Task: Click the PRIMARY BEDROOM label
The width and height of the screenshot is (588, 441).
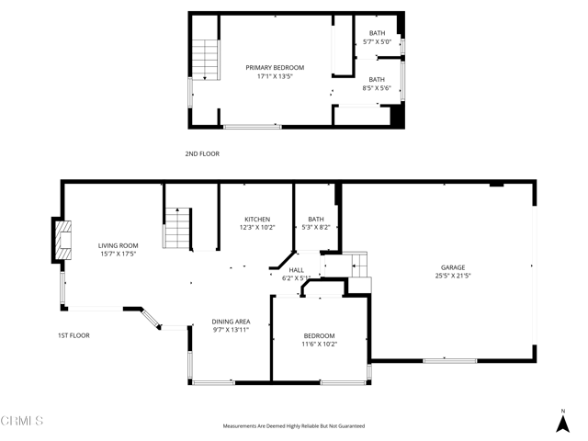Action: click(x=275, y=67)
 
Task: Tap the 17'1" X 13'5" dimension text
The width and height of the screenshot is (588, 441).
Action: click(x=275, y=76)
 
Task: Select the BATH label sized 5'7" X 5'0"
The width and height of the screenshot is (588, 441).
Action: click(x=378, y=33)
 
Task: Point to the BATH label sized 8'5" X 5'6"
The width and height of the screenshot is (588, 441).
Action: click(x=378, y=79)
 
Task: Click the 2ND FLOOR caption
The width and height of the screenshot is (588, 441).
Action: click(x=202, y=153)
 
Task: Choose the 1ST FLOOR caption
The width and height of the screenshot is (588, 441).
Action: click(x=73, y=335)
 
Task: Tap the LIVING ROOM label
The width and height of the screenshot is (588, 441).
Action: click(x=118, y=245)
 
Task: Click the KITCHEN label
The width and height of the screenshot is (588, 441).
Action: click(x=257, y=219)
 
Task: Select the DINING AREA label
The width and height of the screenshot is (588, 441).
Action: click(x=231, y=321)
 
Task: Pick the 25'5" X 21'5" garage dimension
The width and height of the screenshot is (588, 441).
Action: click(x=452, y=275)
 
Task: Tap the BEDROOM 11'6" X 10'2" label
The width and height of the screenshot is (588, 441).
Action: click(x=319, y=335)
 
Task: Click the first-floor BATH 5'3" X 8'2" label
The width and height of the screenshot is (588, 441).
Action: click(x=316, y=219)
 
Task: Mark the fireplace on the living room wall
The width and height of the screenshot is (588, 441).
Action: click(x=62, y=241)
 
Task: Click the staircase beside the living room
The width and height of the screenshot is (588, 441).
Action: click(x=177, y=228)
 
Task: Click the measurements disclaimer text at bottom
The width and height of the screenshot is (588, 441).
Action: click(x=294, y=426)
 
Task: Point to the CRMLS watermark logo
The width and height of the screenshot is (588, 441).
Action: click(x=23, y=422)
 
